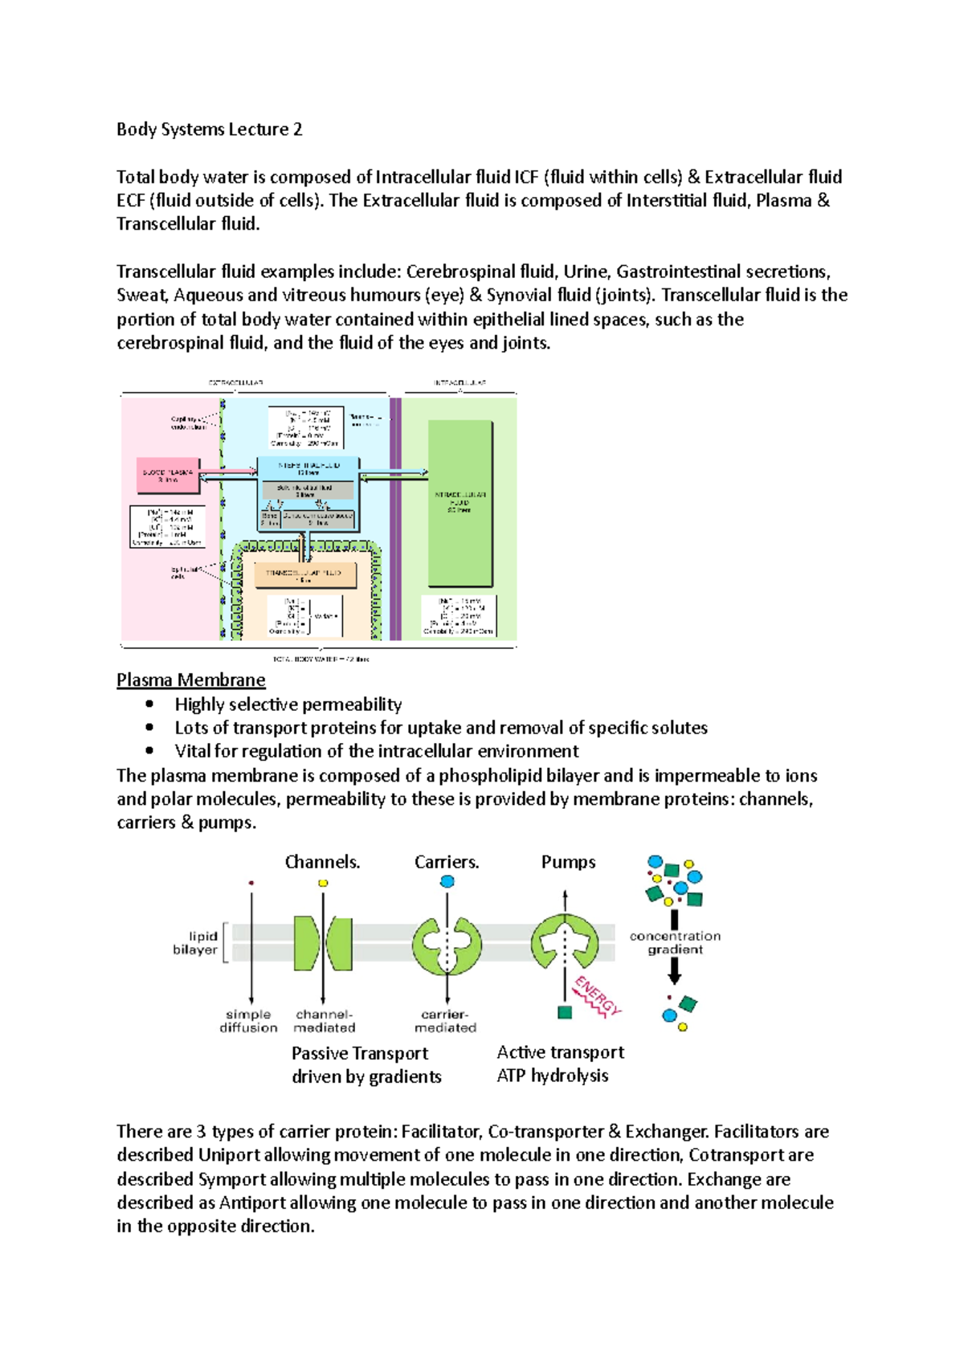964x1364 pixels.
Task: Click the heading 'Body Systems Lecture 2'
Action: click(209, 129)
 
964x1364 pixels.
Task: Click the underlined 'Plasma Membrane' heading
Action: click(190, 680)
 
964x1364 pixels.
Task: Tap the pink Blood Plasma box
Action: click(168, 476)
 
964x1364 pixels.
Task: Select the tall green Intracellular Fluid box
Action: click(460, 503)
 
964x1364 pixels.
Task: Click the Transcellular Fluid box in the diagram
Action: click(304, 575)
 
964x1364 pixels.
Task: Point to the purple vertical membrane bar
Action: click(395, 518)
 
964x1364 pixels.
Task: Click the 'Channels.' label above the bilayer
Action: click(322, 862)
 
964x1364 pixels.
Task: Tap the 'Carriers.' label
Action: click(447, 862)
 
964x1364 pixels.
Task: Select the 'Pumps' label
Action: click(568, 862)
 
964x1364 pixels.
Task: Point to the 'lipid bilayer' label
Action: click(195, 942)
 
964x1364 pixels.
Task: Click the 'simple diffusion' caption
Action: click(248, 1021)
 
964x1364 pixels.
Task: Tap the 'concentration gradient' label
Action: click(675, 942)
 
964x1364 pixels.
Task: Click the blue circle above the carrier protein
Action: click(447, 881)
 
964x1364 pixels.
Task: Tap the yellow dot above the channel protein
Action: click(323, 883)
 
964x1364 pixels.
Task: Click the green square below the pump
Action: click(565, 1013)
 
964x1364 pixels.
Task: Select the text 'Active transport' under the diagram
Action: click(560, 1052)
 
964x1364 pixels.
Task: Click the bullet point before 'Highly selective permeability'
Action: click(149, 704)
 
